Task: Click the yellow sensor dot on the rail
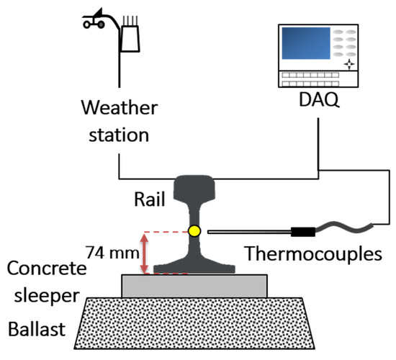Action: [x=194, y=231]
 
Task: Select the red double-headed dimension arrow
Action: [x=146, y=253]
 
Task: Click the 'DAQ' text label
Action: [x=315, y=106]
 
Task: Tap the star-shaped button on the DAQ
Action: [x=348, y=64]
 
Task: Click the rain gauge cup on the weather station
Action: [x=130, y=38]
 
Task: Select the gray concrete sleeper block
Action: [x=194, y=286]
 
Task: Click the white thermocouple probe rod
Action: [x=248, y=232]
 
